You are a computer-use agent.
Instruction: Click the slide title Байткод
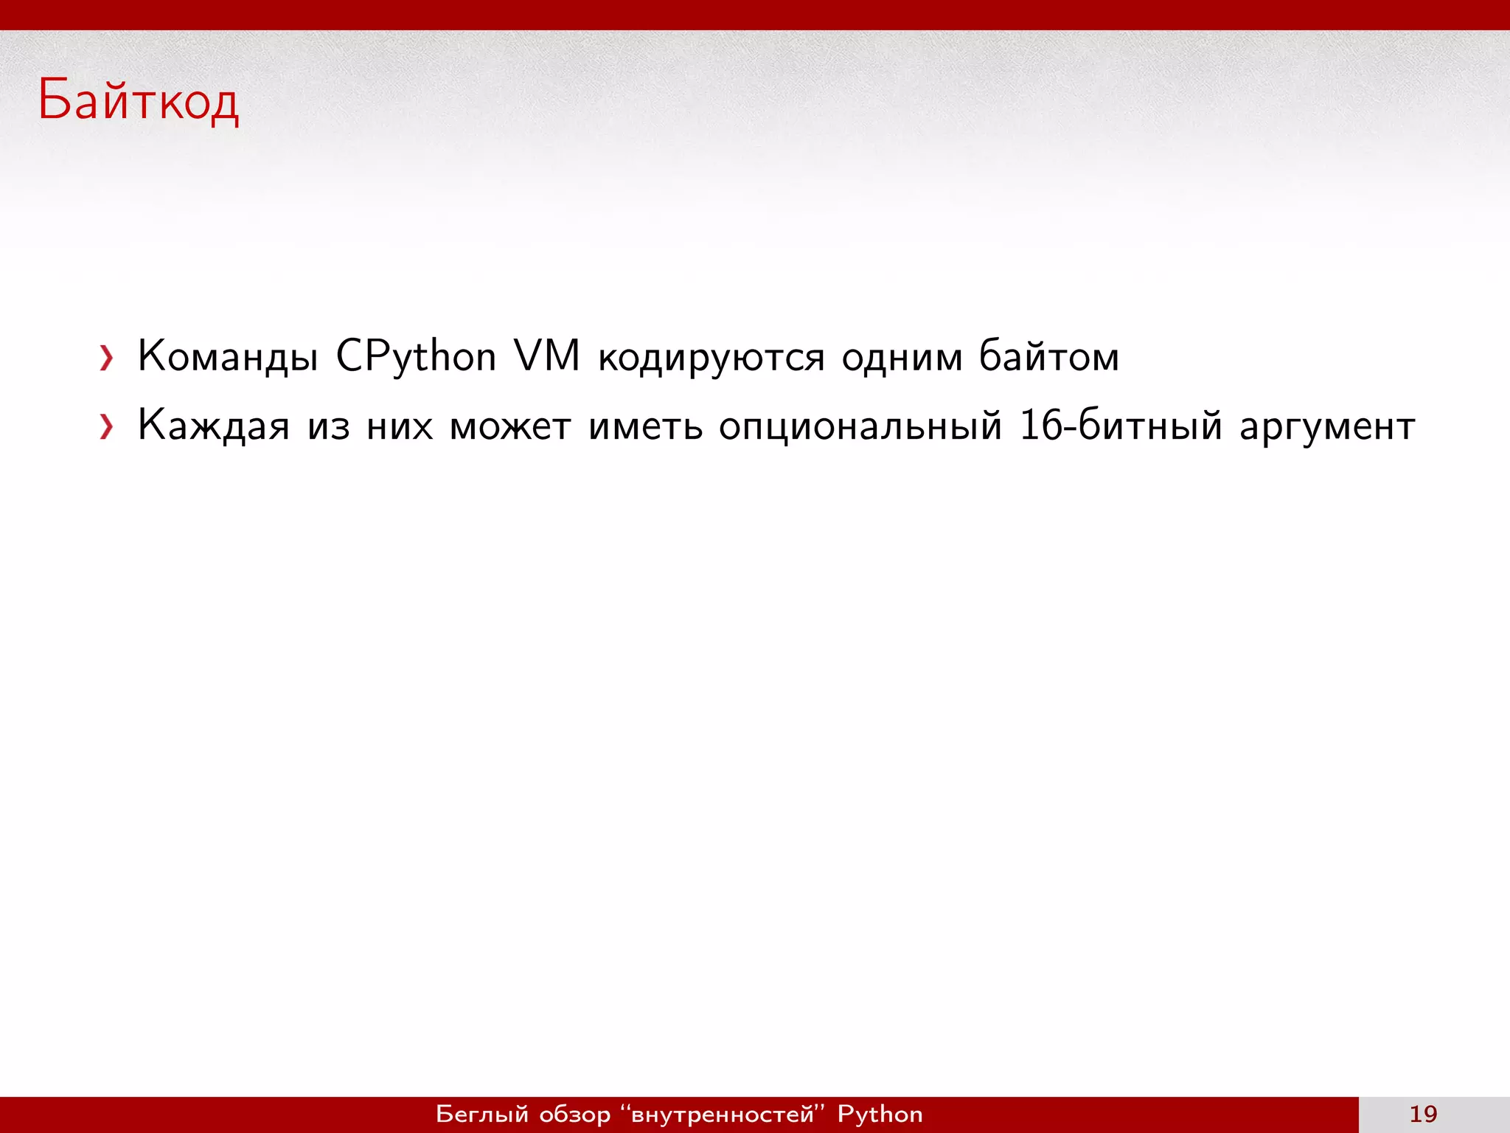(x=138, y=100)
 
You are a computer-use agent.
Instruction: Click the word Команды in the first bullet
(x=228, y=356)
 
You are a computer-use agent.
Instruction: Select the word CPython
(x=416, y=356)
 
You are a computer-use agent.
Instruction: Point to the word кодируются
(x=711, y=358)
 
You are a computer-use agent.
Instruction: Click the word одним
(x=902, y=358)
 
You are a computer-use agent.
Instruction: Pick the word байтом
(x=1048, y=356)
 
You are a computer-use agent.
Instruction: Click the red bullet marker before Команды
(x=107, y=358)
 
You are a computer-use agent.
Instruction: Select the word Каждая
(x=214, y=426)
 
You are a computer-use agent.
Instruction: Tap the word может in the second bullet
(x=510, y=427)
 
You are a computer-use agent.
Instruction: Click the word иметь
(x=646, y=426)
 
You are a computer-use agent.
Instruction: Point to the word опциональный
(x=860, y=427)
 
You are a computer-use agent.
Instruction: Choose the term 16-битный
(x=1120, y=426)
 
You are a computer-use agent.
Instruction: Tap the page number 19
(x=1423, y=1114)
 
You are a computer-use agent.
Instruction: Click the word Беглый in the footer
(x=482, y=1115)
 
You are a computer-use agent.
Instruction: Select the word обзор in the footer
(x=575, y=1115)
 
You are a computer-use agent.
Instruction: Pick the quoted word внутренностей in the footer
(x=723, y=1114)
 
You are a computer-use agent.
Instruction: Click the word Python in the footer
(x=880, y=1115)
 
